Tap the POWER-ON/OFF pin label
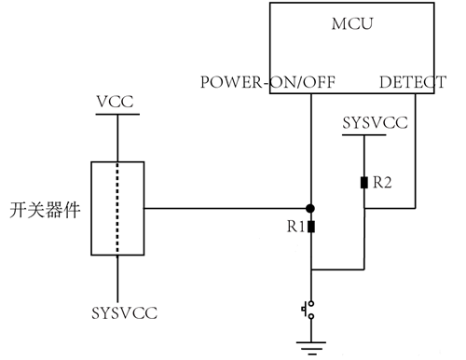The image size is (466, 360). tap(267, 82)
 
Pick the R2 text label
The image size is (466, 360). tap(381, 184)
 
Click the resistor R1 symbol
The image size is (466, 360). tap(311, 227)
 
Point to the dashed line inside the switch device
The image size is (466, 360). tap(117, 207)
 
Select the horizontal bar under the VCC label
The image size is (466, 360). tap(117, 115)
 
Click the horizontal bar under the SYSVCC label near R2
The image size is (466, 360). tap(364, 136)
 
